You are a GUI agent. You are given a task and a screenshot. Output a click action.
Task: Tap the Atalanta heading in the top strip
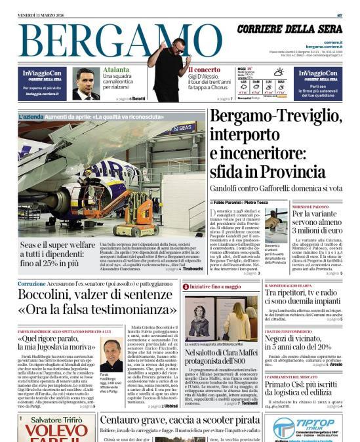coord(116,70)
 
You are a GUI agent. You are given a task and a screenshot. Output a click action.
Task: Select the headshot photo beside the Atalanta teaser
coord(86,83)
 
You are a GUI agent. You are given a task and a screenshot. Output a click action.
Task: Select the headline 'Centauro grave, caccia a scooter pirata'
coord(180,420)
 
